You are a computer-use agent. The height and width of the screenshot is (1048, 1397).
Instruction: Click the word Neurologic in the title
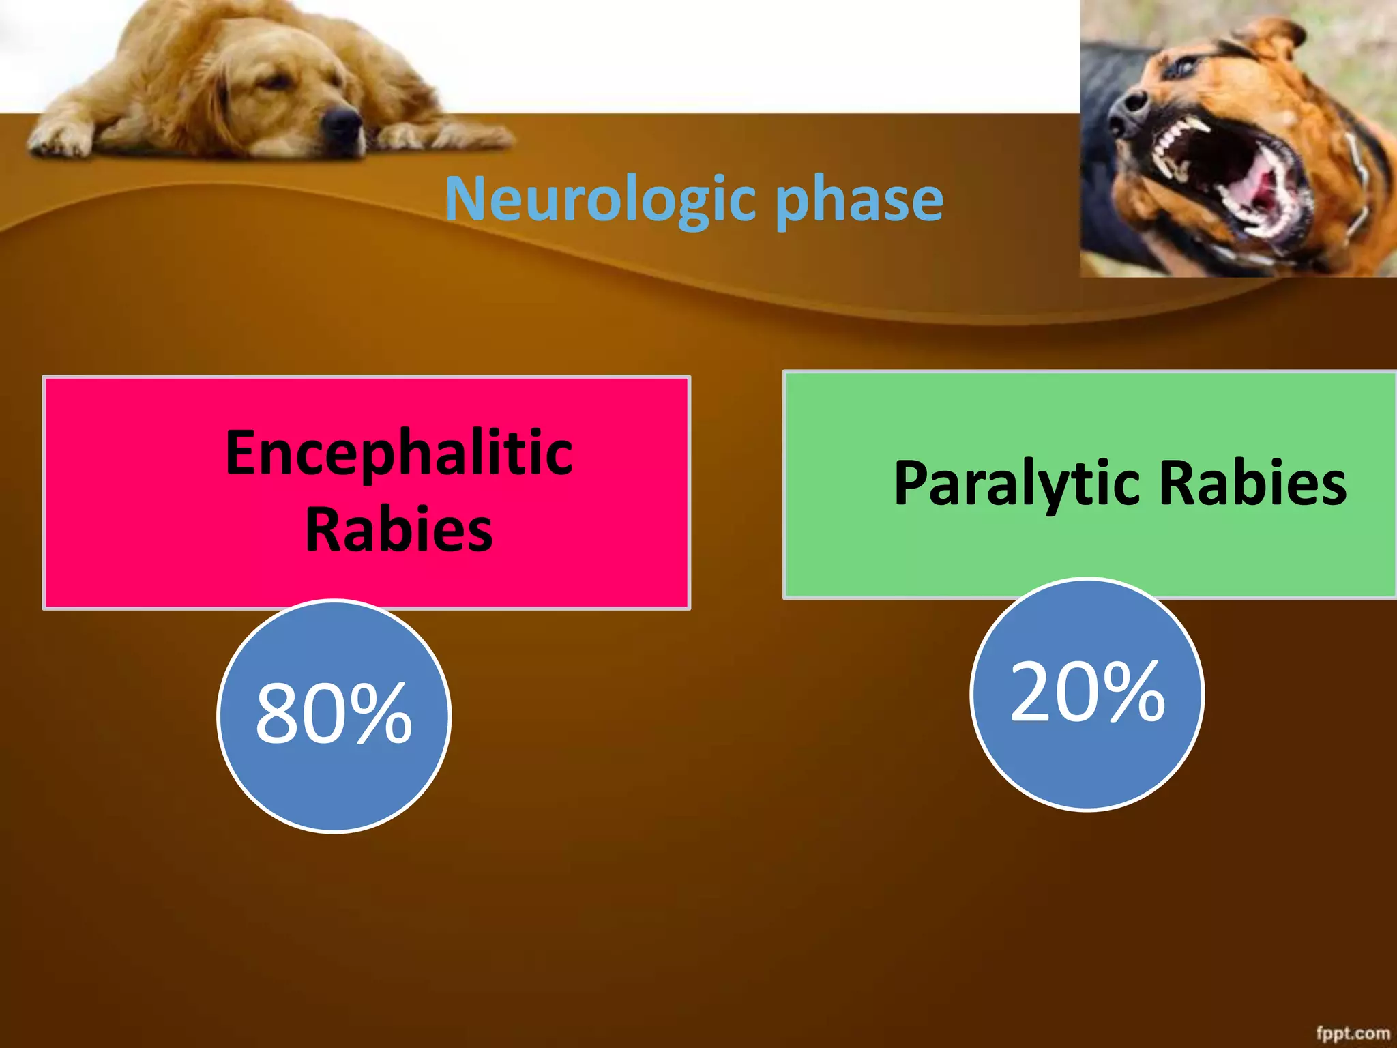tap(600, 199)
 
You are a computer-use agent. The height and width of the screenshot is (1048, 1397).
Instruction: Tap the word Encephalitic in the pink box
tap(399, 452)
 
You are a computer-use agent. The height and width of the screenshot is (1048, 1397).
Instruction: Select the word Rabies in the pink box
tap(399, 530)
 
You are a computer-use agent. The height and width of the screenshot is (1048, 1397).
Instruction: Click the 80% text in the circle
tap(334, 714)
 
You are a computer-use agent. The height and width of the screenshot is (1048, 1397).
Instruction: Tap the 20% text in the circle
tap(1087, 693)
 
